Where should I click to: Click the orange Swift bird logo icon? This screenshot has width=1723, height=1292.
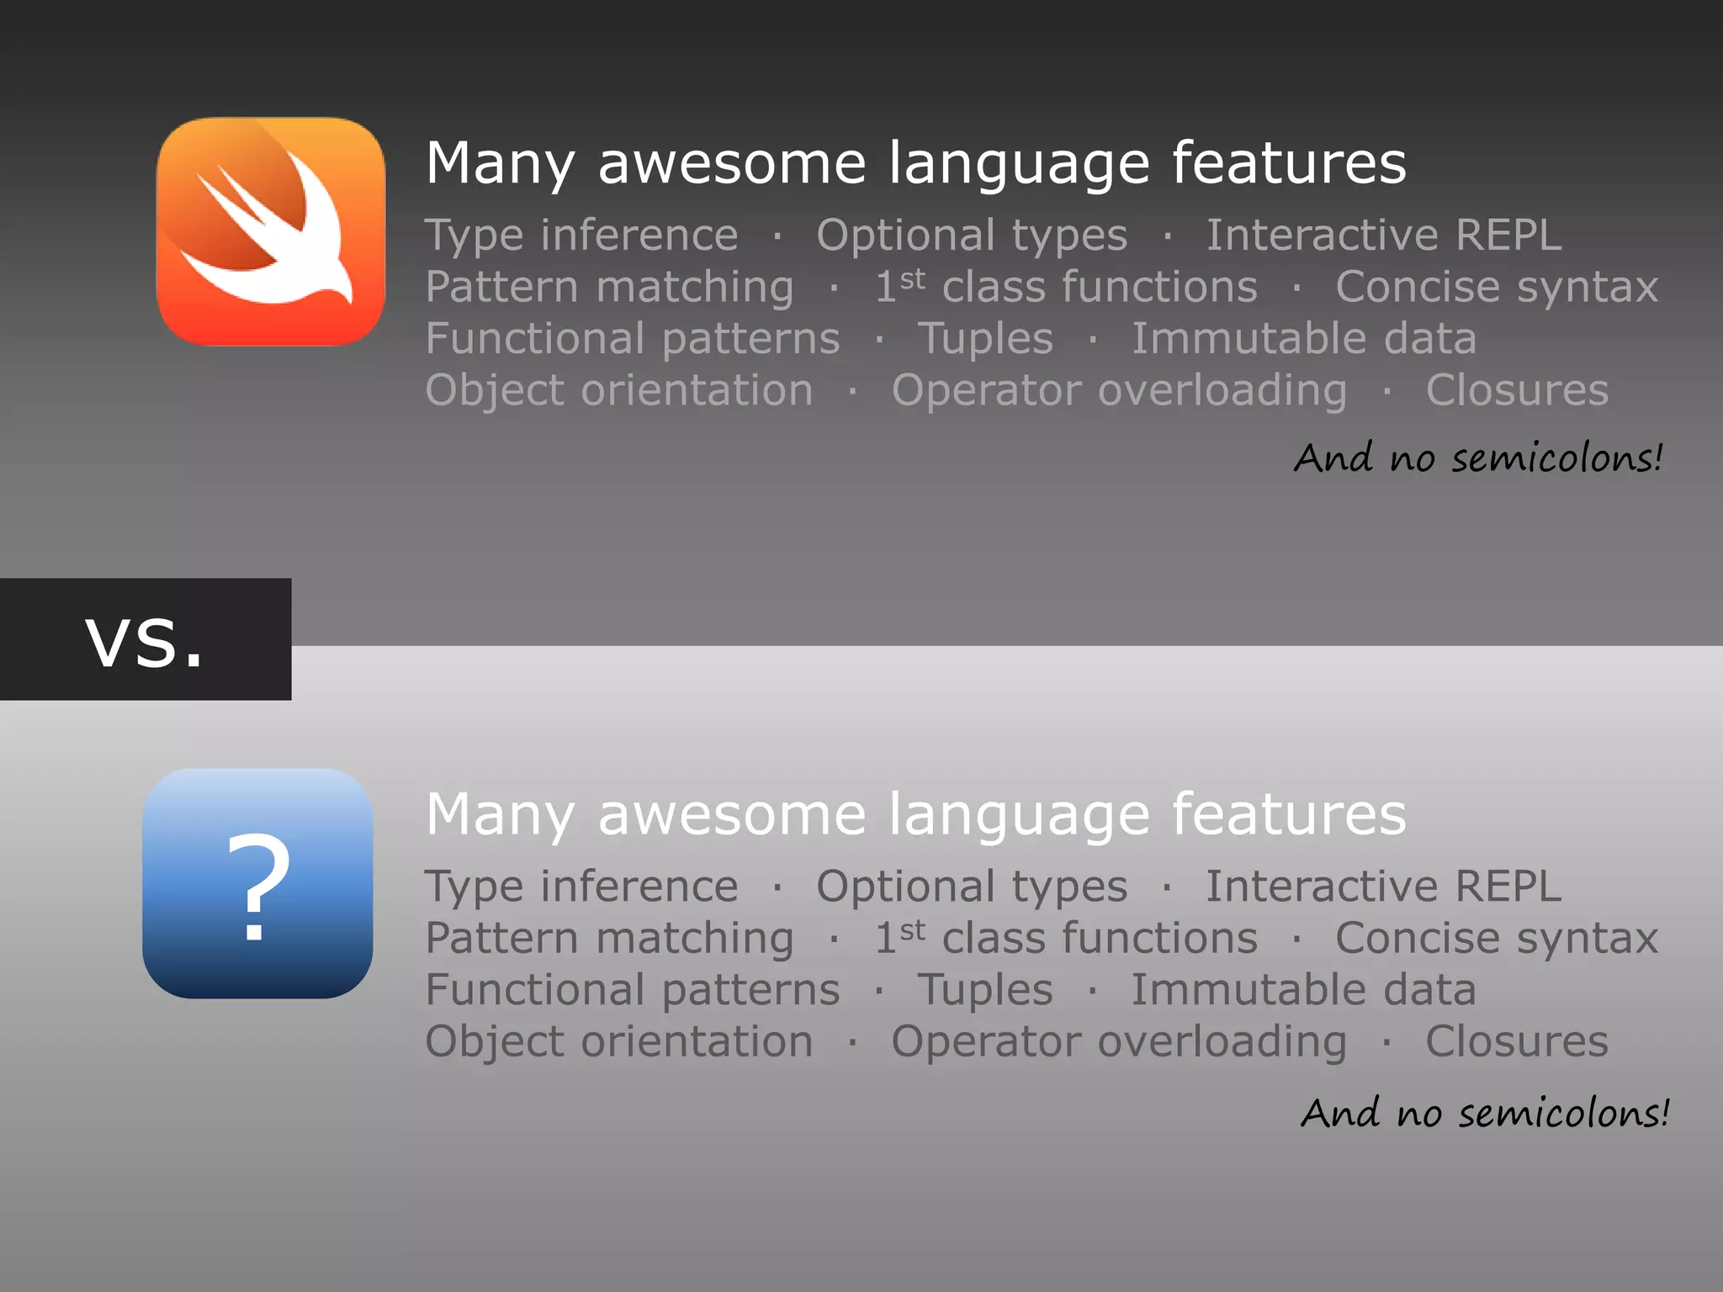coord(271,231)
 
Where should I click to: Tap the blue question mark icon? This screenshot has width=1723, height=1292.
coord(257,883)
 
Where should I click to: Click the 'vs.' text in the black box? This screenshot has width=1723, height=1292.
coord(145,641)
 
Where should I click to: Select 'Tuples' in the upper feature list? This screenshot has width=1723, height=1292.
coord(985,339)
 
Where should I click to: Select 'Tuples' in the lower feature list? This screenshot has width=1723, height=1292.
coord(985,990)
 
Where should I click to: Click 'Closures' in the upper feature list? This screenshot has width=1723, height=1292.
coord(1517,390)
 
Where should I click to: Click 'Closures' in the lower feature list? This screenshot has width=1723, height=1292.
coord(1517,1041)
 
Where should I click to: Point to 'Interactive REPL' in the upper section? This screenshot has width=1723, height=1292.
coord(1384,235)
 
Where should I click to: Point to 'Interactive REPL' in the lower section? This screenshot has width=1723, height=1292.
coord(1384,887)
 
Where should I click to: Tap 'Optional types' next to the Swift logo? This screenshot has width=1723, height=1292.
coord(972,235)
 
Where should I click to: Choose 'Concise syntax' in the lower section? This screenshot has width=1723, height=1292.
coord(1497,939)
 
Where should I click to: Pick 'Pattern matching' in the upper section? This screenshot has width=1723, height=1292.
coord(609,288)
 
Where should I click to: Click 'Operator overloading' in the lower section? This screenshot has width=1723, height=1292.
coord(1119,1041)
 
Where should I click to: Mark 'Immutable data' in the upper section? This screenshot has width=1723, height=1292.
coord(1303,339)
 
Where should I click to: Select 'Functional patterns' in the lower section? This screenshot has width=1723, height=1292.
coord(633,990)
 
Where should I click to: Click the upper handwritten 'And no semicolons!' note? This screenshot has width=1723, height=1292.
coord(1478,458)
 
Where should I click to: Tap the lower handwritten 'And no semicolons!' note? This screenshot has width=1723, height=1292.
coord(1485,1113)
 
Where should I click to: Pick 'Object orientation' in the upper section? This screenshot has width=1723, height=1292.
coord(619,390)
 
